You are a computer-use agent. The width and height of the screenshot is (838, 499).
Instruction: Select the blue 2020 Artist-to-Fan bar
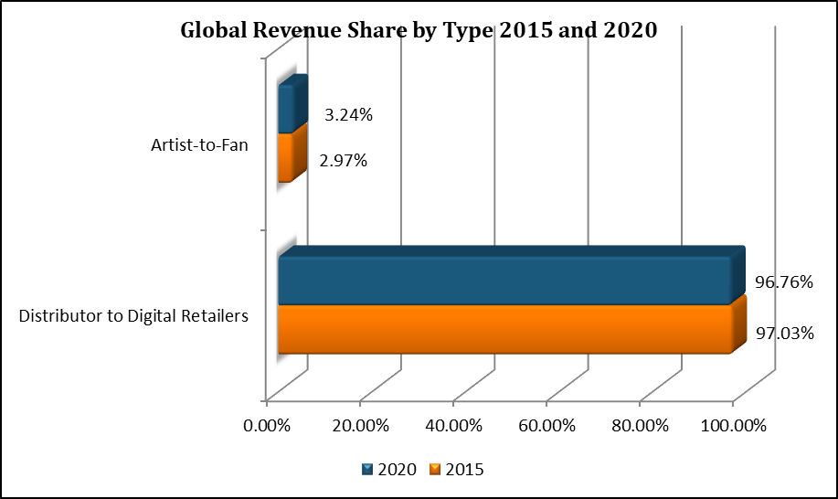click(x=286, y=110)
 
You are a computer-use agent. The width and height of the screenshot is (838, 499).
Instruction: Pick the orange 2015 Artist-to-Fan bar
click(x=285, y=157)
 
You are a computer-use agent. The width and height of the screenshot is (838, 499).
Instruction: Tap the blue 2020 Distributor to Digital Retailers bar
click(x=503, y=281)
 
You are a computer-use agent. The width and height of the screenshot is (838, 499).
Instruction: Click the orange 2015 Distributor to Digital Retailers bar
click(x=503, y=329)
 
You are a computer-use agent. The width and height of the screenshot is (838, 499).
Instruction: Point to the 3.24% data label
click(x=347, y=115)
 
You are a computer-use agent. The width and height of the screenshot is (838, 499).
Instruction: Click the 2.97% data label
click(x=343, y=162)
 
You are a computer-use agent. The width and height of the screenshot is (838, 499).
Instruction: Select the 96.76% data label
click(x=784, y=281)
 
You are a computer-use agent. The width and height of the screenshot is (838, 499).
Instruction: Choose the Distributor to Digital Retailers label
click(x=134, y=316)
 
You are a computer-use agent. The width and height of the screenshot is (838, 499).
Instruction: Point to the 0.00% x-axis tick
click(x=267, y=426)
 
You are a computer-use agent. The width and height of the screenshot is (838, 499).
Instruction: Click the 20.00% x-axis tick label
click(x=360, y=426)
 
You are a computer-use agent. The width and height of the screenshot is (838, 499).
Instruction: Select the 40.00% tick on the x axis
click(x=453, y=426)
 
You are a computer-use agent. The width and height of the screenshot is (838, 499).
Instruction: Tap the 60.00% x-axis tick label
click(x=546, y=426)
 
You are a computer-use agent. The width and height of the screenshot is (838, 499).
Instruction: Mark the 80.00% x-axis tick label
click(x=640, y=426)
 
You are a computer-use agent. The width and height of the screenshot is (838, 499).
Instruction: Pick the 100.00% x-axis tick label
click(x=734, y=426)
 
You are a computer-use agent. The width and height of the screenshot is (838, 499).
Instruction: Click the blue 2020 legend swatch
click(x=367, y=470)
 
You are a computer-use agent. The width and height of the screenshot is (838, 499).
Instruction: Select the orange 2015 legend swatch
click(x=435, y=470)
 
